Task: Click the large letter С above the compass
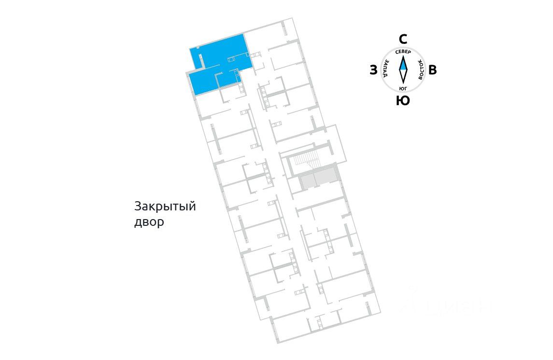click(x=403, y=39)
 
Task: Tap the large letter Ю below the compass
click(x=403, y=101)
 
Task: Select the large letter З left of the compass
click(x=373, y=70)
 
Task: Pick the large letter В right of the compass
click(x=433, y=70)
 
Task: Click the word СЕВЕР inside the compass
click(x=403, y=52)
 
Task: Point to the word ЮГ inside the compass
click(x=403, y=88)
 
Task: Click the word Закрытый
click(x=165, y=207)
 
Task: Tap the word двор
click(x=149, y=223)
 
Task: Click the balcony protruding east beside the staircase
click(x=336, y=143)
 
